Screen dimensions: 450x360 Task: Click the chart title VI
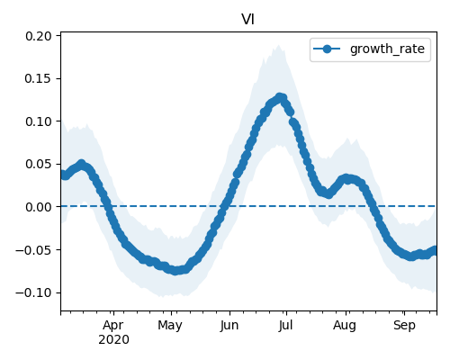pyautogui.click(x=248, y=20)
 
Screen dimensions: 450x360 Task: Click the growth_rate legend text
pyautogui.click(x=387, y=49)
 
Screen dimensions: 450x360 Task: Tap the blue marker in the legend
pyautogui.click(x=327, y=49)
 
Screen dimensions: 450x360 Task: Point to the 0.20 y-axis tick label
pyautogui.click(x=39, y=36)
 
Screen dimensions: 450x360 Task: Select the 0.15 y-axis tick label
pyautogui.click(x=39, y=78)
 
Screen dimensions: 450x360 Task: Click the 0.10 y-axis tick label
pyautogui.click(x=39, y=121)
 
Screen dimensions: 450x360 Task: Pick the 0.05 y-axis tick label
pyautogui.click(x=39, y=164)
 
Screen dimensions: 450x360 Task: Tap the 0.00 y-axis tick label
pyautogui.click(x=39, y=207)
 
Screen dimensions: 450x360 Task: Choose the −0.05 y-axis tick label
pyautogui.click(x=33, y=250)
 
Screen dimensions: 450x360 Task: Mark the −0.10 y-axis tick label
pyautogui.click(x=33, y=292)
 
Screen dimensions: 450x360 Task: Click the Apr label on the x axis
pyautogui.click(x=113, y=326)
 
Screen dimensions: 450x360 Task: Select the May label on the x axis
pyautogui.click(x=170, y=326)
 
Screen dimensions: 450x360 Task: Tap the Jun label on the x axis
pyautogui.click(x=229, y=326)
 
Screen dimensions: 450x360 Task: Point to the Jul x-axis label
pyautogui.click(x=285, y=326)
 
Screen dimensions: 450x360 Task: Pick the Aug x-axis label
pyautogui.click(x=345, y=326)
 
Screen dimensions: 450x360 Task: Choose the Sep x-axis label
pyautogui.click(x=404, y=326)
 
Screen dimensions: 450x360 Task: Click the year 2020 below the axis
pyautogui.click(x=113, y=340)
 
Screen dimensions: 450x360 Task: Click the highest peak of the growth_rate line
pyautogui.click(x=280, y=97)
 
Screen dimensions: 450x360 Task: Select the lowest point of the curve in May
pyautogui.click(x=175, y=271)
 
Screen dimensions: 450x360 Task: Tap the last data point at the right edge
pyautogui.click(x=435, y=250)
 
